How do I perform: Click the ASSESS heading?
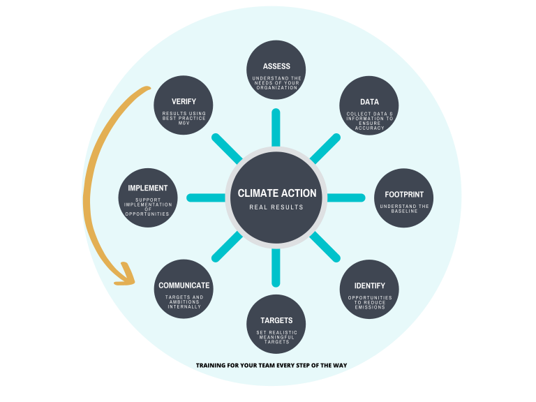pos(277,66)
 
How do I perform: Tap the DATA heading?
pos(369,102)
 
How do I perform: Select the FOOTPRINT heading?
pos(404,195)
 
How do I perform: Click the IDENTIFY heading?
pos(369,286)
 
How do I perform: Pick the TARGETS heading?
pos(276,320)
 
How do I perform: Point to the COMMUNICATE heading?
pos(184,285)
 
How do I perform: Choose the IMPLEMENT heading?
pos(148,188)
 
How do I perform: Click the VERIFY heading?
pos(184,102)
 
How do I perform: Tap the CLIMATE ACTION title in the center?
pos(277,193)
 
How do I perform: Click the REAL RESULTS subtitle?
pos(277,207)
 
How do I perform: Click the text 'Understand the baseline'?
pos(404,209)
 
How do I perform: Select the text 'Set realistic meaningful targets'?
pos(276,337)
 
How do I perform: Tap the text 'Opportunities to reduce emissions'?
pos(369,302)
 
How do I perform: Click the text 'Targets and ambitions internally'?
pos(184,301)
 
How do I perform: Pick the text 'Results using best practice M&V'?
pos(184,118)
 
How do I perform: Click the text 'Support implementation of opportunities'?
pos(148,207)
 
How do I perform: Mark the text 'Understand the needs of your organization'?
pos(277,82)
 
